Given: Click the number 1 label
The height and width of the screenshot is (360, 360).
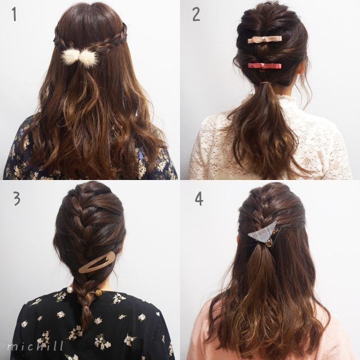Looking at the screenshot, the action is point(15,15).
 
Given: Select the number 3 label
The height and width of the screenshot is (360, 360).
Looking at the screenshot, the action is point(17,199).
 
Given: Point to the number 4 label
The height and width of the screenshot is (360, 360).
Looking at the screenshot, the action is point(199,199).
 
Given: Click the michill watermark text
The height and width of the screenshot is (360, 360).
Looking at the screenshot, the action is point(35,346).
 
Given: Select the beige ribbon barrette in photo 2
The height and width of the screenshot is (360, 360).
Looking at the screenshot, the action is point(265,39).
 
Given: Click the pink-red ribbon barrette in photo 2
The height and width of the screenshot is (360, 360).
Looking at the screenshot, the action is point(264,65).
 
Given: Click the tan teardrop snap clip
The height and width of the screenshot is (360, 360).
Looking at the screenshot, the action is point(97,262).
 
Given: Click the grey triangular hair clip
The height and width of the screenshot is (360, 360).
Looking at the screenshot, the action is point(264,232).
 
